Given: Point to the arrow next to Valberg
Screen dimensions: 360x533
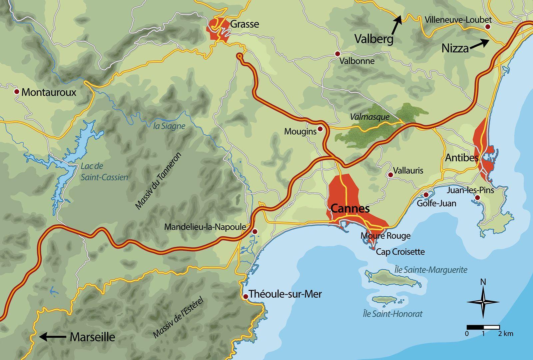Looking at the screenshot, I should (x=396, y=25).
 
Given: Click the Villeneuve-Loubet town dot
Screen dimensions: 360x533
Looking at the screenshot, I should (x=488, y=27).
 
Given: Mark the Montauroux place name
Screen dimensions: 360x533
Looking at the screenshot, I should (x=49, y=92).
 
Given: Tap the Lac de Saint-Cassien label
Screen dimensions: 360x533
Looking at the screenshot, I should (x=104, y=172).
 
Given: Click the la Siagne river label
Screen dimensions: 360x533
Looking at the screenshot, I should (x=169, y=126).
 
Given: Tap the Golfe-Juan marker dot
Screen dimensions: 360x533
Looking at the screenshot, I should (x=426, y=194).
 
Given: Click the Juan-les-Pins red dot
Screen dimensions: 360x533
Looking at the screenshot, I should (x=477, y=198).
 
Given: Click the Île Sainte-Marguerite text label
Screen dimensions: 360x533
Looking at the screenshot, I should (x=430, y=270).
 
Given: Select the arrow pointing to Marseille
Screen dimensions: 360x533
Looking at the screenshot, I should (x=52, y=337).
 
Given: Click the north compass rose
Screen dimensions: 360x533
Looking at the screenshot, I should (x=483, y=302).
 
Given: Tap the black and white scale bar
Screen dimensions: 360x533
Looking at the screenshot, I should (x=483, y=327).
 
